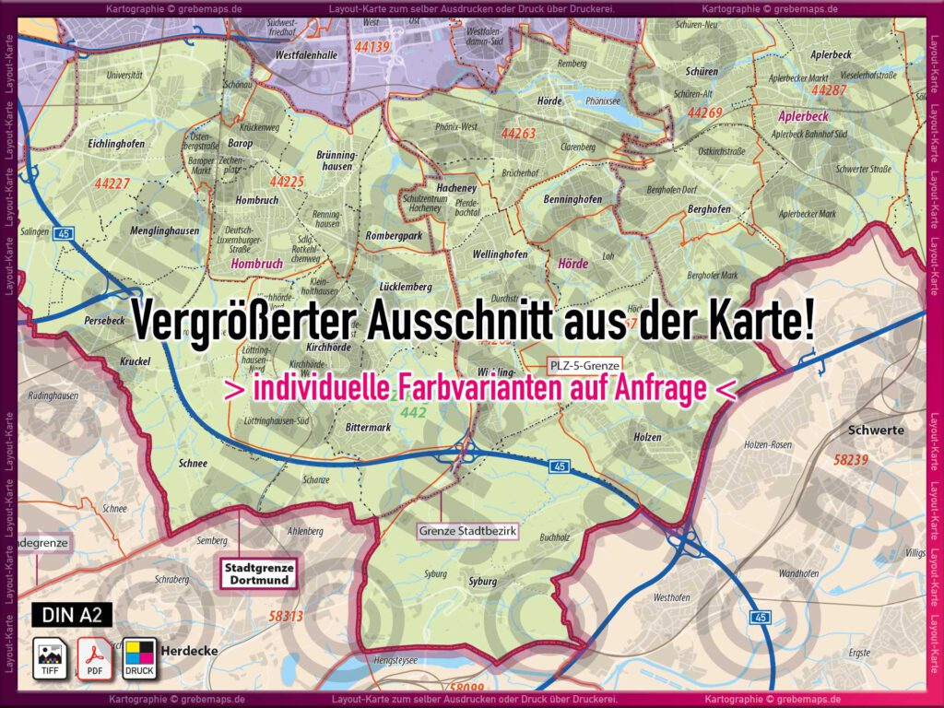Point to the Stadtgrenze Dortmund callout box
pyautogui.click(x=257, y=573)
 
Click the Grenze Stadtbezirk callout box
pyautogui.click(x=468, y=531)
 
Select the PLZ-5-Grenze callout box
pyautogui.click(x=584, y=364)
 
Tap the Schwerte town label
pyautogui.click(x=876, y=431)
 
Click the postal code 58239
pyautogui.click(x=851, y=459)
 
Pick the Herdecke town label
pyautogui.click(x=189, y=651)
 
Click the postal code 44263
pyautogui.click(x=518, y=134)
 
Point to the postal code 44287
pyautogui.click(x=828, y=90)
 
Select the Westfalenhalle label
pyautogui.click(x=306, y=55)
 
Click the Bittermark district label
pyautogui.click(x=368, y=428)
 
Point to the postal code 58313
pyautogui.click(x=286, y=615)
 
